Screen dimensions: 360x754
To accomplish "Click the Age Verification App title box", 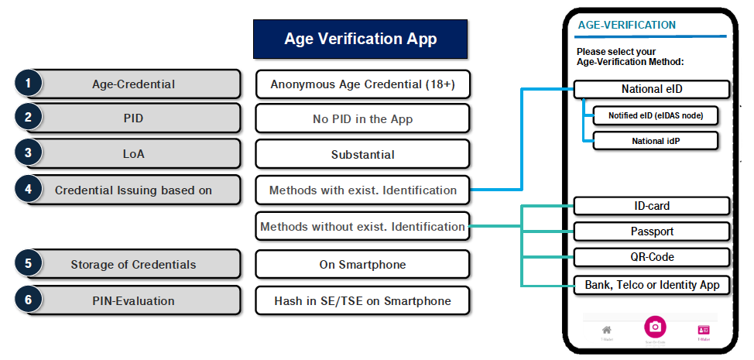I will click(x=361, y=39).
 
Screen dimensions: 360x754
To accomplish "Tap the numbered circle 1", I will click(x=29, y=84).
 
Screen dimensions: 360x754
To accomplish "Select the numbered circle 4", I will click(x=29, y=190).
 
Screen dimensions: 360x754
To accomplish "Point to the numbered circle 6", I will click(x=29, y=300).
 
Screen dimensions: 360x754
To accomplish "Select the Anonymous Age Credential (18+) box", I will click(x=362, y=84).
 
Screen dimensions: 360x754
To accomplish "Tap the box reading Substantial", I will click(x=362, y=154).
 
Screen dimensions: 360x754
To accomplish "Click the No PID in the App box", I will click(x=362, y=119).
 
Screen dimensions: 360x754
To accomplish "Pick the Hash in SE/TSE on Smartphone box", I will click(x=362, y=300).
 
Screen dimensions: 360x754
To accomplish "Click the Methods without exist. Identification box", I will click(x=362, y=227).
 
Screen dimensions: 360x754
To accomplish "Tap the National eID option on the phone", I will click(x=652, y=89).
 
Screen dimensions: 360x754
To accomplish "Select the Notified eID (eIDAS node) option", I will click(x=656, y=116).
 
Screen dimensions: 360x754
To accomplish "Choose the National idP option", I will click(x=656, y=141).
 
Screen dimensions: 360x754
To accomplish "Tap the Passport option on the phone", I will click(x=652, y=231).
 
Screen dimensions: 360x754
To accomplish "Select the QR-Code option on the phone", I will click(x=652, y=257).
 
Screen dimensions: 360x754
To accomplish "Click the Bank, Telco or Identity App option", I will click(x=652, y=285).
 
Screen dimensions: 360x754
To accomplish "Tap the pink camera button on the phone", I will click(x=655, y=327).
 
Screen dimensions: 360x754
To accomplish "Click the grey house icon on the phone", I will click(x=607, y=330).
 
